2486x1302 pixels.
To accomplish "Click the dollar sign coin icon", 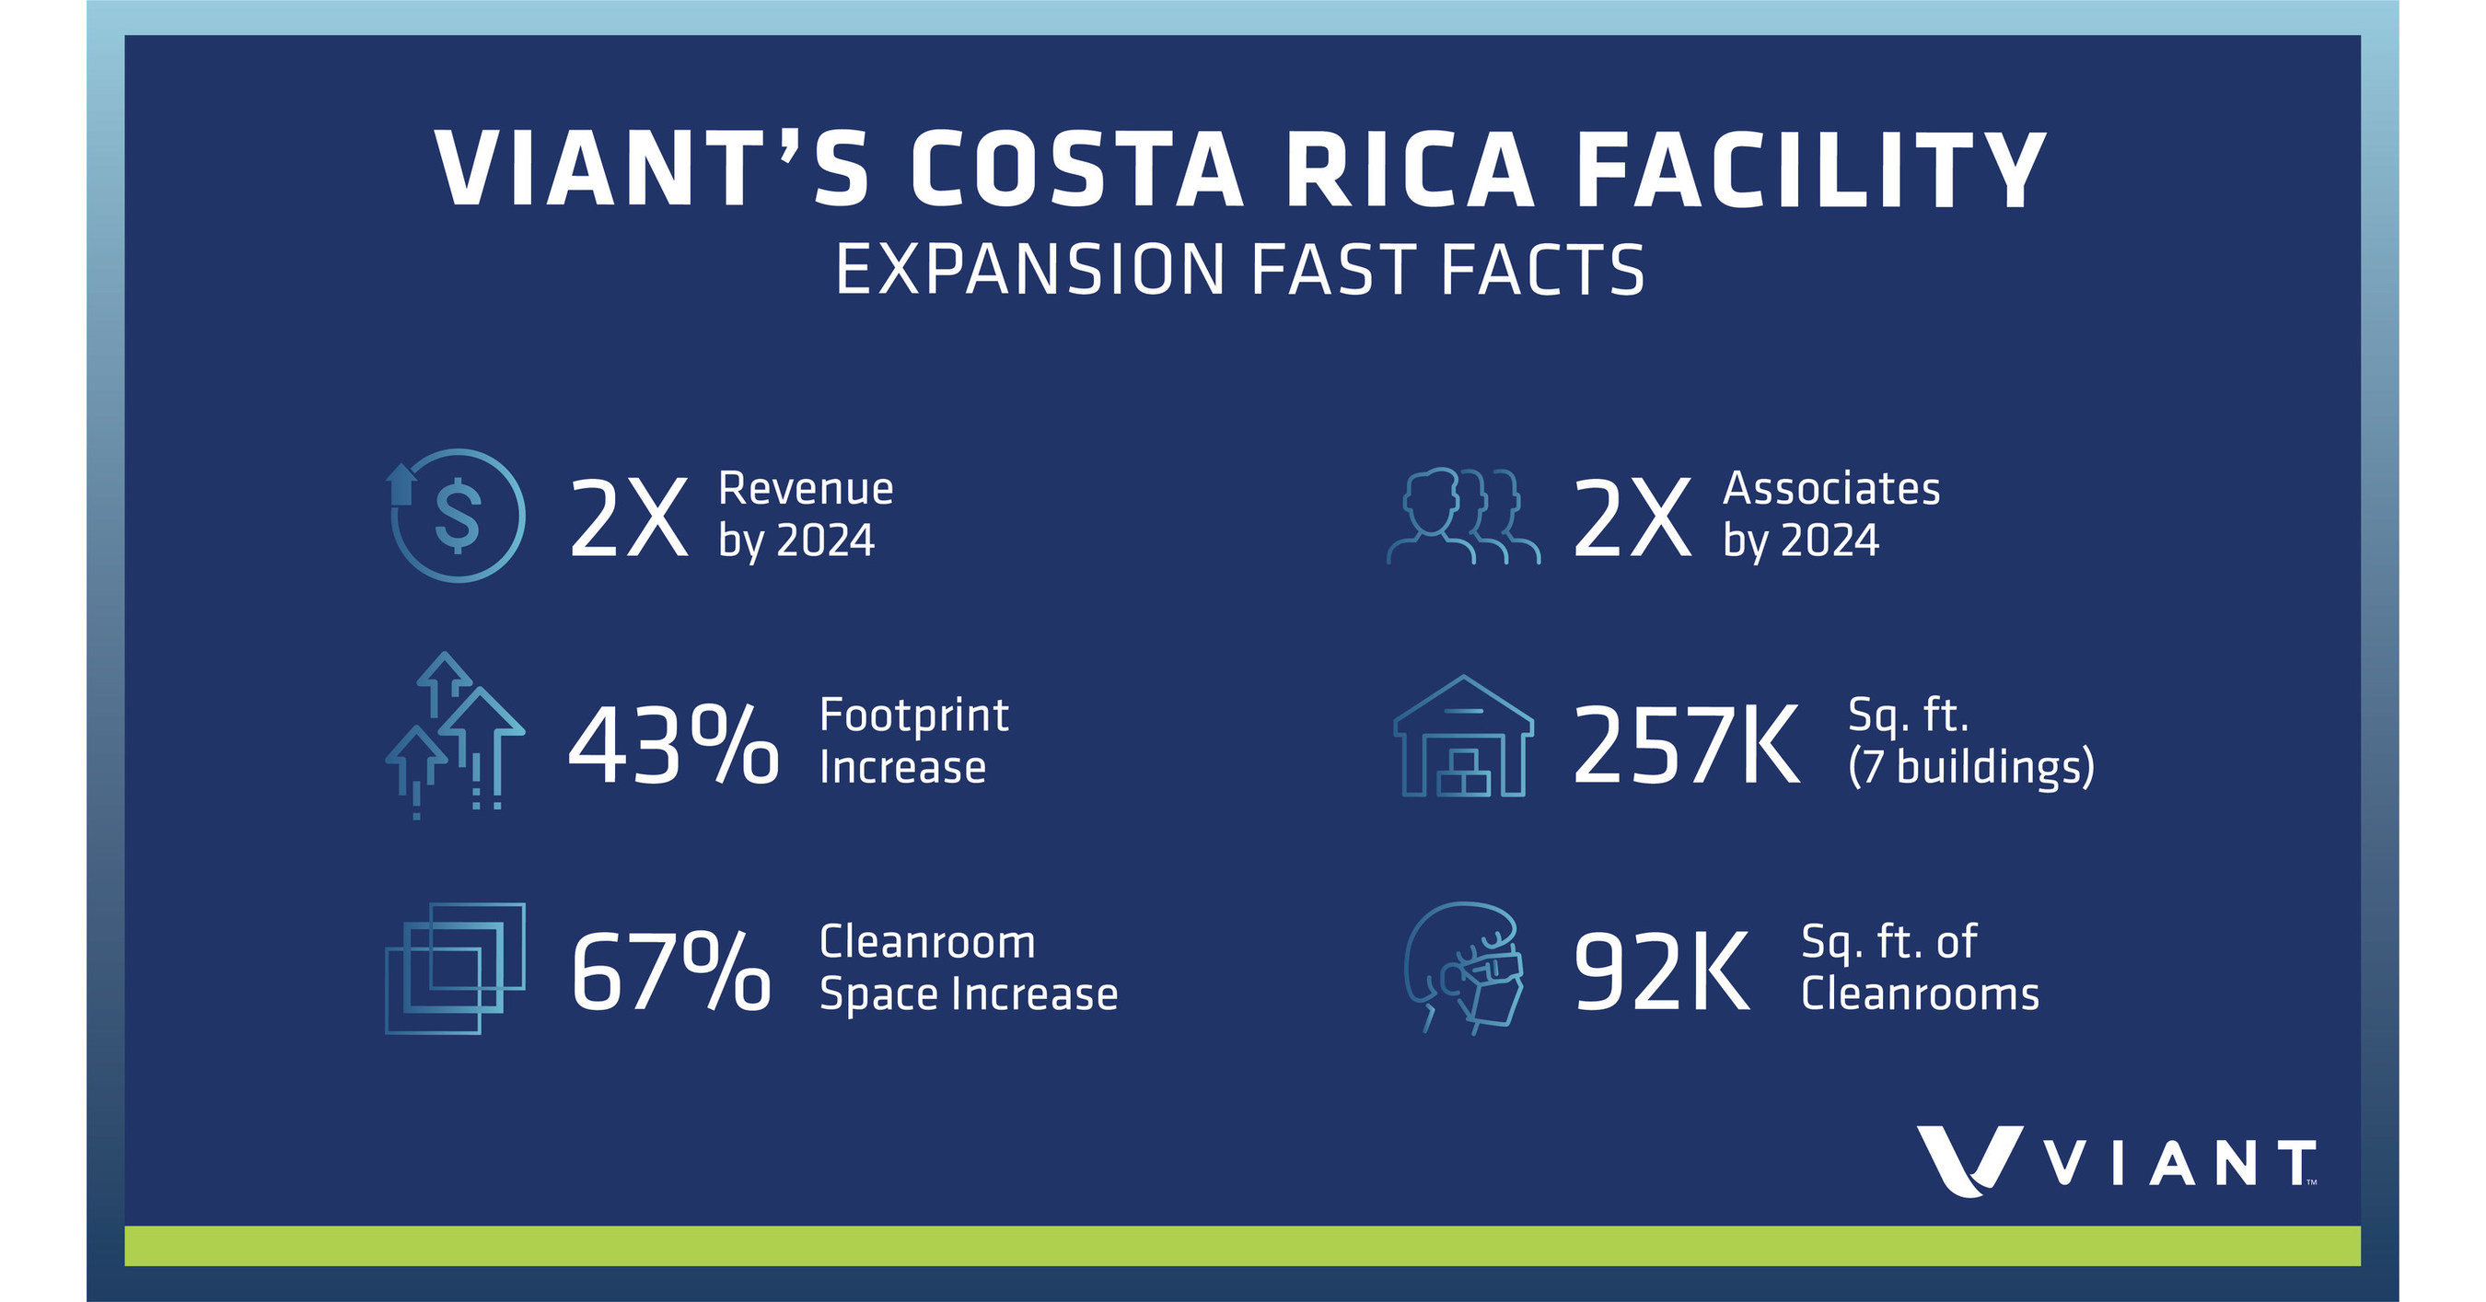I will pyautogui.click(x=458, y=516).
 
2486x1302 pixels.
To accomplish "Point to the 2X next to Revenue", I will pyautogui.click(x=628, y=518).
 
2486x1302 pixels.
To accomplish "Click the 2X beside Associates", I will pyautogui.click(x=1632, y=518).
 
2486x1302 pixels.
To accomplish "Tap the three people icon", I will pyautogui.click(x=1463, y=517).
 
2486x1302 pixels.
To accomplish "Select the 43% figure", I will pyautogui.click(x=673, y=745).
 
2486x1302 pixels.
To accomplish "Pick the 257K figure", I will pyautogui.click(x=1685, y=745).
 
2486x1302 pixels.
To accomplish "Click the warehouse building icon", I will pyautogui.click(x=1463, y=738).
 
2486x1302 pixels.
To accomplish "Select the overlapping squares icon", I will pyautogui.click(x=455, y=969).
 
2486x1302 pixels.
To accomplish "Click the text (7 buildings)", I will pyautogui.click(x=1970, y=766).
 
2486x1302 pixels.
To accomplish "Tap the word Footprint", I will pyautogui.click(x=913, y=715).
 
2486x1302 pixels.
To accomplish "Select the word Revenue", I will pyautogui.click(x=805, y=488).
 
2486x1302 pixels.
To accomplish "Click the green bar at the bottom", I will pyautogui.click(x=1242, y=1245).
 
